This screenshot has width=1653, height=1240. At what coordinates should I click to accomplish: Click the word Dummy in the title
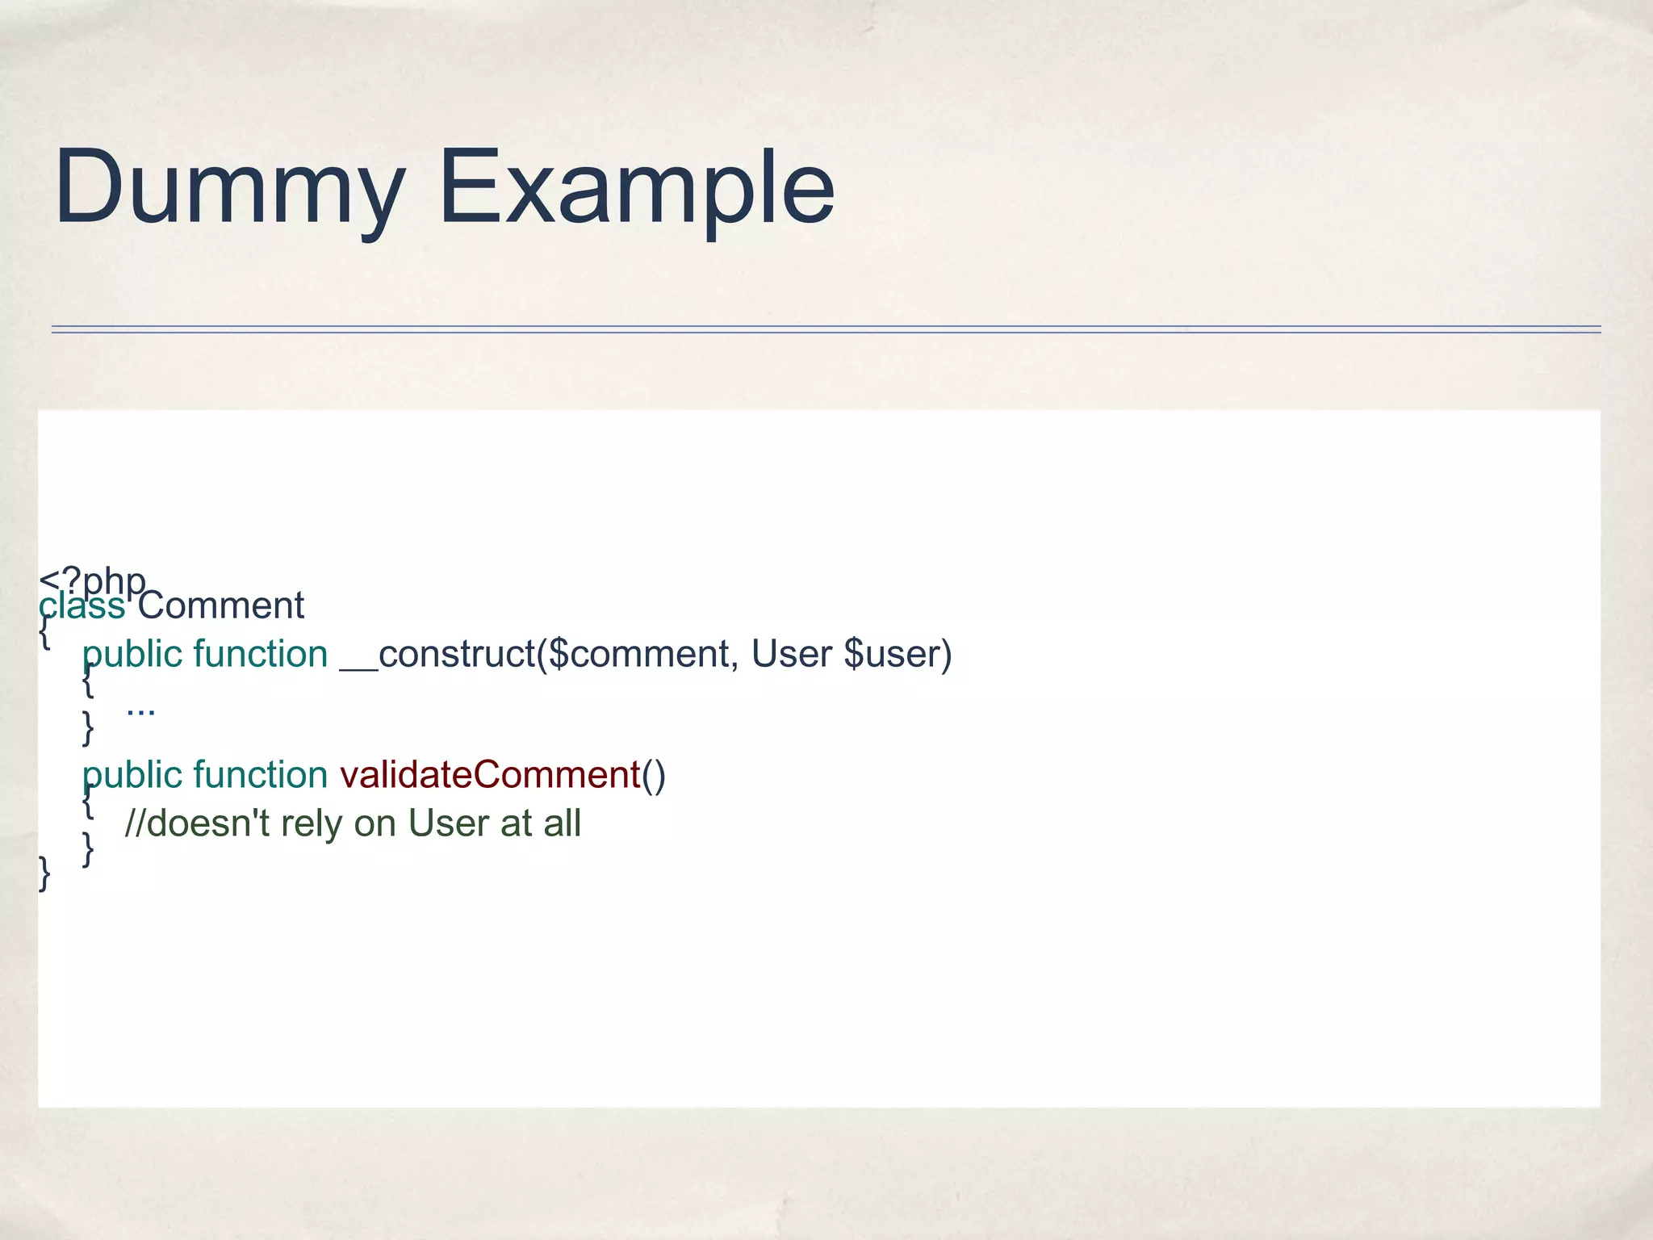pos(228,187)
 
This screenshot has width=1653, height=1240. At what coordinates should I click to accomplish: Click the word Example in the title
pos(635,187)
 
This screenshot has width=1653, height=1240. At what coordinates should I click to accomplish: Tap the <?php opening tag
pos(92,580)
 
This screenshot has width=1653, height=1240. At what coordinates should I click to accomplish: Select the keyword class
pos(82,605)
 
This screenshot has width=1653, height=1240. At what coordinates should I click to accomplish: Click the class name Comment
pos(220,605)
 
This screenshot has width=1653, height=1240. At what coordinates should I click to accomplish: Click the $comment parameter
pos(639,654)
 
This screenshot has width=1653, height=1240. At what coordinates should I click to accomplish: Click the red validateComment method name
pos(489,775)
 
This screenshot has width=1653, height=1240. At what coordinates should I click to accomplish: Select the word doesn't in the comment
pos(207,823)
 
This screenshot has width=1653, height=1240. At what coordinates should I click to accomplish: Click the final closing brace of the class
pos(44,873)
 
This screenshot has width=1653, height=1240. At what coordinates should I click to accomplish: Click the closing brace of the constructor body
pos(88,727)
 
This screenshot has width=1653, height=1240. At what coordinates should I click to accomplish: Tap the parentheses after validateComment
pos(654,775)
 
